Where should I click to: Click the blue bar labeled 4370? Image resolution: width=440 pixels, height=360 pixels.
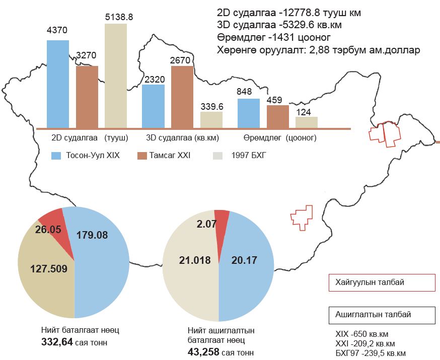58,84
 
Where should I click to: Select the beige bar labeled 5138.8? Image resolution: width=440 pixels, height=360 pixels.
116,76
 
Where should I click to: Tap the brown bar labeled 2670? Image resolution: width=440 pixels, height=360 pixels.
182,97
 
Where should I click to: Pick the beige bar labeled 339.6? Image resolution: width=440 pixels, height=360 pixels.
211,120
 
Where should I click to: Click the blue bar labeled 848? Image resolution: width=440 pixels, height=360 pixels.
248,113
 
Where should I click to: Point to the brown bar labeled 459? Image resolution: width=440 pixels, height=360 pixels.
278,116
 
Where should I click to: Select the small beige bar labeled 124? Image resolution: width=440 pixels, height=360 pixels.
307,122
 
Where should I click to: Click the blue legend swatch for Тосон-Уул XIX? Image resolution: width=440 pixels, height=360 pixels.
56,156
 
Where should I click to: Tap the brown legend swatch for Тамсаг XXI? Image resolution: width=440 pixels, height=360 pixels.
141,156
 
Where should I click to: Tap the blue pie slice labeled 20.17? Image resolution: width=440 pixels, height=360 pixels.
247,272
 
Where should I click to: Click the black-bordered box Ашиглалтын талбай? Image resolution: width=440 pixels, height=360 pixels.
381,315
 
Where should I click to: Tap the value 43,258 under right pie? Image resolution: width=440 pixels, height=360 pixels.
203,351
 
